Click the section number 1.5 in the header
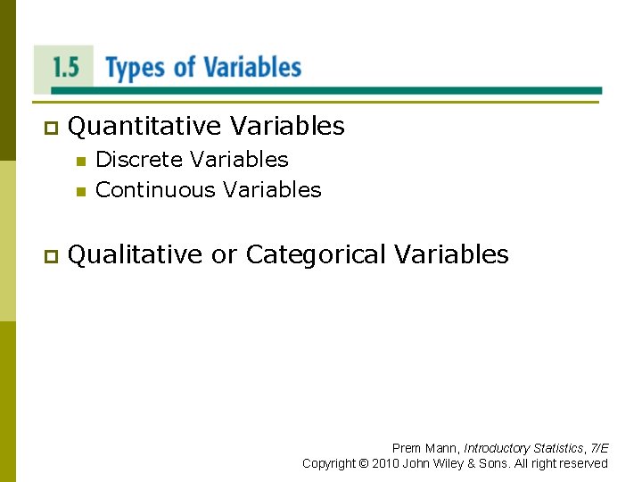[65, 69]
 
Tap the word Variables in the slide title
[252, 68]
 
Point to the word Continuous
[156, 190]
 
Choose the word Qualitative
[136, 255]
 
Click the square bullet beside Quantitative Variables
[50, 129]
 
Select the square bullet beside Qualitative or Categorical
[50, 257]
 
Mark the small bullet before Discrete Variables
[80, 162]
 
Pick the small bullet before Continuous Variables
[80, 191]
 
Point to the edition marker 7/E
[599, 448]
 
